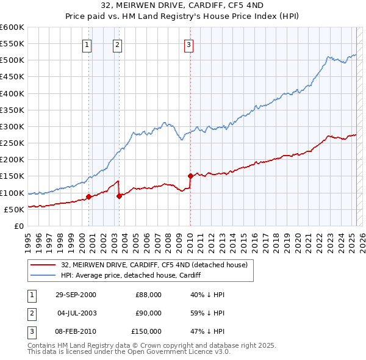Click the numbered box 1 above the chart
pos(87,44)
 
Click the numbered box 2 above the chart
pos(117,44)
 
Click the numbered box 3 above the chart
pos(189,44)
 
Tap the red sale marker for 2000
pos(89,196)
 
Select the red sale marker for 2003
pos(119,196)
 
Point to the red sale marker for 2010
pos(190,176)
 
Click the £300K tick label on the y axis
pos(12,126)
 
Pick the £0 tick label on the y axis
pos(18,226)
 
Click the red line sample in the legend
pos(43,265)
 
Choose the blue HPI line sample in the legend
pos(43,275)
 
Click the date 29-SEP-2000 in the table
pos(76,295)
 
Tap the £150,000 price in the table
pos(146,331)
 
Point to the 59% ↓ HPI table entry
pos(208,313)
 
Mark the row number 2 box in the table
pos(31,313)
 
